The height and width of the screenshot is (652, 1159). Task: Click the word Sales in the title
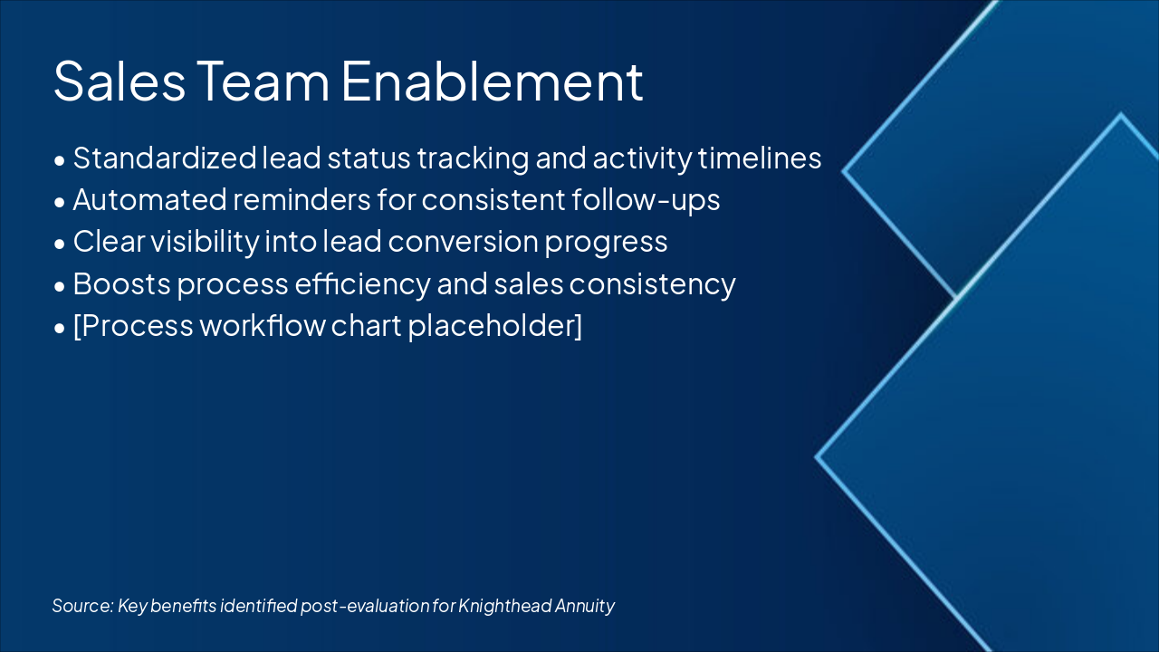[x=120, y=81]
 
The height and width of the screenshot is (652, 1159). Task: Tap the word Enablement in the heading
[x=492, y=81]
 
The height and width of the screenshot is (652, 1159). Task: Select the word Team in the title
[x=263, y=81]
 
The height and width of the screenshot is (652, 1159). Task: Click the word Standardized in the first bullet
[x=165, y=158]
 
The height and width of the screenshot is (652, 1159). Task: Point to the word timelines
[x=760, y=158]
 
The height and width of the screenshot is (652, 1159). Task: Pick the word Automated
[x=150, y=200]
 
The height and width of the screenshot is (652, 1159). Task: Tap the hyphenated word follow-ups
[x=646, y=201]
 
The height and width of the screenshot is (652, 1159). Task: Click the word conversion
[x=463, y=242]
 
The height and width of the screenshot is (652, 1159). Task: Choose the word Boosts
[x=121, y=284]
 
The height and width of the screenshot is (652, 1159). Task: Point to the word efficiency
[x=362, y=284]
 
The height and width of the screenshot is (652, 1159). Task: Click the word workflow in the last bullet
[x=263, y=326]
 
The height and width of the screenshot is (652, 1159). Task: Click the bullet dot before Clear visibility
[x=60, y=244]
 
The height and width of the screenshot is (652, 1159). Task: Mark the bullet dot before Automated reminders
[x=60, y=202]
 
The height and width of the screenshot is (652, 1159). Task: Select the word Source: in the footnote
[x=82, y=606]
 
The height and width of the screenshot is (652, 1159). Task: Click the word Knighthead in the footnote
[x=504, y=606]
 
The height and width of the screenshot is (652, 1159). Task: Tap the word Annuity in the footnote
[x=585, y=606]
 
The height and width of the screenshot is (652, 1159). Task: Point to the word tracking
[x=473, y=158]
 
